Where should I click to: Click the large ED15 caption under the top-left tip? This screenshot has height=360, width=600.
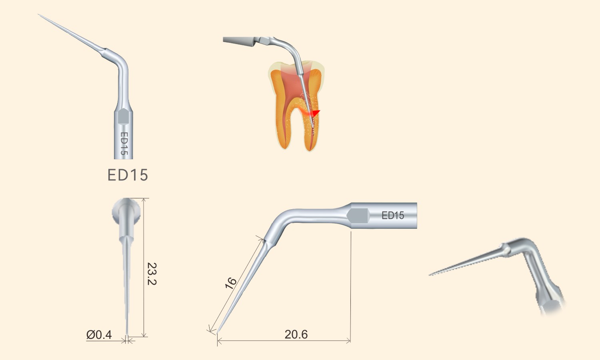point(128,175)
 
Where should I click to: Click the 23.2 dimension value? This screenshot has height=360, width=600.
point(152,274)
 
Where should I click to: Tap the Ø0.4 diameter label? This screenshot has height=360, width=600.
point(99,335)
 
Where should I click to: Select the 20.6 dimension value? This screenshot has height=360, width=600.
point(296,334)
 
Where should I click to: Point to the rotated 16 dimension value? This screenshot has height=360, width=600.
point(231,284)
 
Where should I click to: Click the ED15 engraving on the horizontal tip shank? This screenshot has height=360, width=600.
point(393,215)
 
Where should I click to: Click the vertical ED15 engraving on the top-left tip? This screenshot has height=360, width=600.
point(124,143)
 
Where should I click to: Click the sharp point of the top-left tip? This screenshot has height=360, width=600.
point(38,14)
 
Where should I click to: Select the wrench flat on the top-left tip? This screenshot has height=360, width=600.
point(124,116)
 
